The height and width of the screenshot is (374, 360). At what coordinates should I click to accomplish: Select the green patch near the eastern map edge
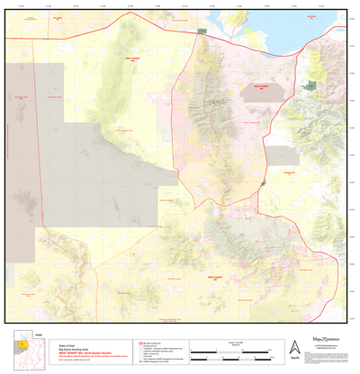[311, 85]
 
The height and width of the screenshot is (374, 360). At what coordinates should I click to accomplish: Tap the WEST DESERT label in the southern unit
[216, 278]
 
